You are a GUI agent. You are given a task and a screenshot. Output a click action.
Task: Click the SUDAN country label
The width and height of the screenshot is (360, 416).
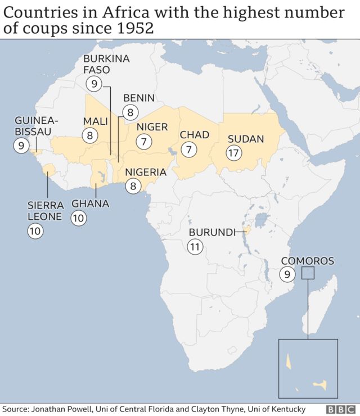[246, 139]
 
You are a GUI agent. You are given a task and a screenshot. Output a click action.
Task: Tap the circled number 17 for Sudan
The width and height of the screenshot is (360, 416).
[234, 152]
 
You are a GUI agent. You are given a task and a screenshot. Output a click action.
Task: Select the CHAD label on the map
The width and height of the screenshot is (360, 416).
[195, 135]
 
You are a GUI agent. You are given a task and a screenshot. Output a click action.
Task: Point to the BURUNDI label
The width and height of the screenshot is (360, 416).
[211, 232]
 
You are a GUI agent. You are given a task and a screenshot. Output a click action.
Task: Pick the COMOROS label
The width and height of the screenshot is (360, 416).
[307, 261]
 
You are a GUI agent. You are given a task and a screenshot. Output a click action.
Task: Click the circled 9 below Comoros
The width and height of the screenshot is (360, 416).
[287, 274]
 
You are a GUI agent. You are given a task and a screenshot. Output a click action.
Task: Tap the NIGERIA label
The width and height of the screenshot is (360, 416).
[146, 172]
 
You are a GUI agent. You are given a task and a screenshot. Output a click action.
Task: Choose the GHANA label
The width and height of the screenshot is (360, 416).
[90, 204]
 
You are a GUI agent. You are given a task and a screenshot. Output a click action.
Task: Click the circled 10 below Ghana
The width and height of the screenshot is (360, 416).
[79, 218]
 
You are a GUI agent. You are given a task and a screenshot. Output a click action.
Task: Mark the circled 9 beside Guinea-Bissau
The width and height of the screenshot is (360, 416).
[21, 146]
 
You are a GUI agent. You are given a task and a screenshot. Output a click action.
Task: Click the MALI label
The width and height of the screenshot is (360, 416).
[96, 121]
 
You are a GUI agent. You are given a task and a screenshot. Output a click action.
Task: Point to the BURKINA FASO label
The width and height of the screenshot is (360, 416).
[106, 64]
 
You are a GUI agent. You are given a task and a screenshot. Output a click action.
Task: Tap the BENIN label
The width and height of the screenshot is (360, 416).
[138, 98]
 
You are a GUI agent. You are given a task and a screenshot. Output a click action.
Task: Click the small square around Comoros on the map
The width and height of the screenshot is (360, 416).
[308, 273]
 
